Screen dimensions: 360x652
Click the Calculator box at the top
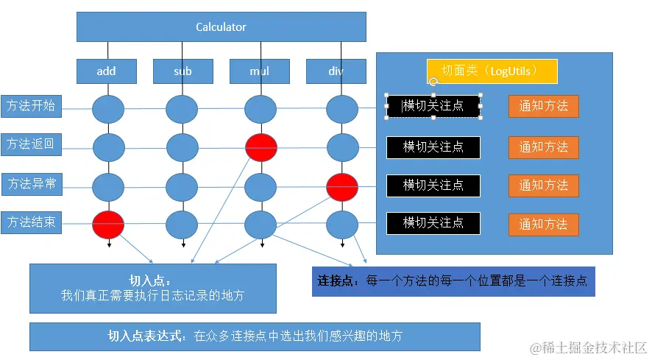[221, 27]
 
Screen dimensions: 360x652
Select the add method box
[107, 71]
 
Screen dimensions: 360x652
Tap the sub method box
[183, 71]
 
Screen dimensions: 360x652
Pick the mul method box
[259, 71]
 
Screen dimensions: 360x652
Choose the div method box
[336, 71]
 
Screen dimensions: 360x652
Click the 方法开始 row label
[31, 106]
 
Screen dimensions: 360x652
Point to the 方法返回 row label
[31, 144]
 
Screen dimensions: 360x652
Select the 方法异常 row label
[31, 183]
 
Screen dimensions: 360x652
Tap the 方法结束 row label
[31, 222]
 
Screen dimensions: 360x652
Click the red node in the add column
[107, 224]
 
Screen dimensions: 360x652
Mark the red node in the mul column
[261, 147]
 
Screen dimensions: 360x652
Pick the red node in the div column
[342, 186]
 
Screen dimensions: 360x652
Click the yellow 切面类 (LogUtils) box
[492, 71]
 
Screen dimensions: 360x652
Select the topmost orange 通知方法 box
[543, 106]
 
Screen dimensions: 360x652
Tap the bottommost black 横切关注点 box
[433, 223]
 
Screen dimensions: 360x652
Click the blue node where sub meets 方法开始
[182, 109]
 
